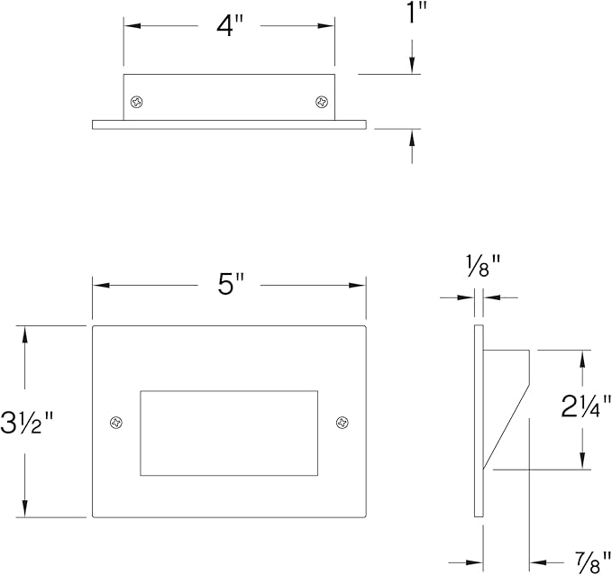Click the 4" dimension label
coord(230,26)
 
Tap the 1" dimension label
coord(416,12)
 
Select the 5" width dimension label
coord(230,284)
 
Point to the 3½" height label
coord(26,422)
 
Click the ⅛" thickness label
coord(484,266)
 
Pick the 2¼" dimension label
coord(586,406)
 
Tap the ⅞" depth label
coord(593,562)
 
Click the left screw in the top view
coord(137,102)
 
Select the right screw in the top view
coord(322,102)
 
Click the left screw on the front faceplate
coord(116,423)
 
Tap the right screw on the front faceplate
coord(343,423)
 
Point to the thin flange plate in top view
coord(229,124)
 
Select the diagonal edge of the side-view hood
coord(507,426)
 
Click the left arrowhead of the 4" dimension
coord(132,26)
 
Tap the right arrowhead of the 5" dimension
coord(357,286)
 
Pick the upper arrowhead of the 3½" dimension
coord(25,335)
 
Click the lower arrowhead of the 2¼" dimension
coord(582,460)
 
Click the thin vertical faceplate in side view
coord(479,421)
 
